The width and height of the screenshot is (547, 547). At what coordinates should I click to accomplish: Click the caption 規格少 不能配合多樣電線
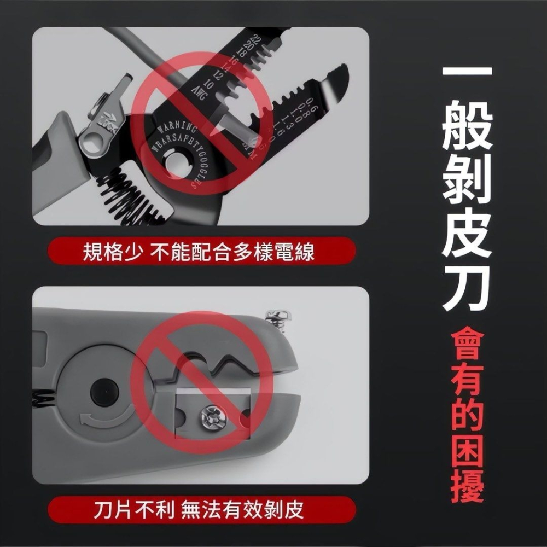click(x=198, y=252)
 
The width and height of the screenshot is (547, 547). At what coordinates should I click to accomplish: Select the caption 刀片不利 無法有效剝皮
click(x=198, y=510)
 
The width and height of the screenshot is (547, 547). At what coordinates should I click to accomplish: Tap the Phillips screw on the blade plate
click(x=213, y=419)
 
